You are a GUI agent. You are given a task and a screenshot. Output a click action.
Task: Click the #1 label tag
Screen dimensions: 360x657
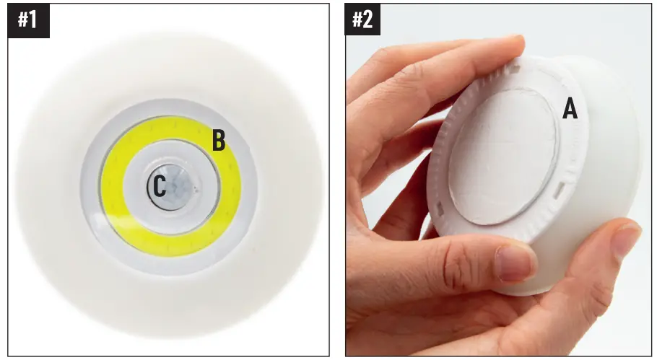(x=27, y=19)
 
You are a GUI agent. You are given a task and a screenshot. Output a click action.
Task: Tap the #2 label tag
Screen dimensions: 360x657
(x=362, y=19)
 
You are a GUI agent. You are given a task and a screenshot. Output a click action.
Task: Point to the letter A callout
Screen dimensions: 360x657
(x=570, y=110)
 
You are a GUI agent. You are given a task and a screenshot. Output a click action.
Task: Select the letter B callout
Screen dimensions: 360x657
(x=219, y=141)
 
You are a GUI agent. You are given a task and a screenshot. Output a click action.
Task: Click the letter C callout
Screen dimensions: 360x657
(x=160, y=188)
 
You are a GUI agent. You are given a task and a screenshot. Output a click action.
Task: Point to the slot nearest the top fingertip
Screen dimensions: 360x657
(x=513, y=71)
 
